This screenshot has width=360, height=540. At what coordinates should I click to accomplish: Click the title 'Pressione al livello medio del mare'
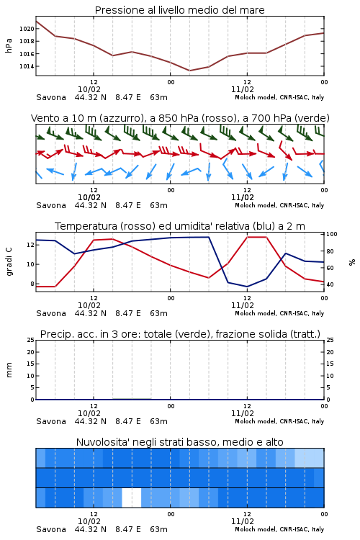click(x=179, y=10)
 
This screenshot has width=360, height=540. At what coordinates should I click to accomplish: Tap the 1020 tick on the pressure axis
click(x=27, y=29)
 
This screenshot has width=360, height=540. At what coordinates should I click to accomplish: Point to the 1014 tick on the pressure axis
click(x=27, y=66)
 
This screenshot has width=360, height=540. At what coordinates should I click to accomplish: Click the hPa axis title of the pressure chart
click(x=9, y=45)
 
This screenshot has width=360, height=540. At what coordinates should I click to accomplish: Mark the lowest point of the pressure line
click(x=189, y=71)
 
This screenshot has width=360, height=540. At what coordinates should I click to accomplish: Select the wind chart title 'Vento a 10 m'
click(x=62, y=118)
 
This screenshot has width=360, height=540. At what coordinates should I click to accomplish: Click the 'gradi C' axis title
click(x=9, y=261)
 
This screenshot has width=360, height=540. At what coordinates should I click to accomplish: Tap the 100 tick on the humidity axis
click(x=331, y=234)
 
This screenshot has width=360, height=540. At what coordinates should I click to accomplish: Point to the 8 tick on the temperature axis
click(x=32, y=284)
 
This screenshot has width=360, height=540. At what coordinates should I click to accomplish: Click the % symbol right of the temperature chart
click(x=352, y=262)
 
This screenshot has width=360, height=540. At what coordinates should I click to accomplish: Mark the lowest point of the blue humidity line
click(x=247, y=287)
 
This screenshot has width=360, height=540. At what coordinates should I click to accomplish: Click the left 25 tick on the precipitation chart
click(x=31, y=340)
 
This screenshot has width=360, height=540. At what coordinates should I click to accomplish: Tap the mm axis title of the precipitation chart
click(x=9, y=370)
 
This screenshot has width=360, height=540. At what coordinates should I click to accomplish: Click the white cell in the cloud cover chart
click(x=132, y=498)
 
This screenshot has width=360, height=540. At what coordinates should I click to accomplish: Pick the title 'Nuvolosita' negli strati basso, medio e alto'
click(x=179, y=442)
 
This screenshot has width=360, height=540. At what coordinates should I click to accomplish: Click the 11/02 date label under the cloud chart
click(x=243, y=521)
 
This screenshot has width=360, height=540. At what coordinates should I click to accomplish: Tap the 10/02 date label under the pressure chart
click(x=89, y=89)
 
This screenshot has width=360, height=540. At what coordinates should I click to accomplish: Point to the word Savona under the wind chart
click(x=51, y=205)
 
